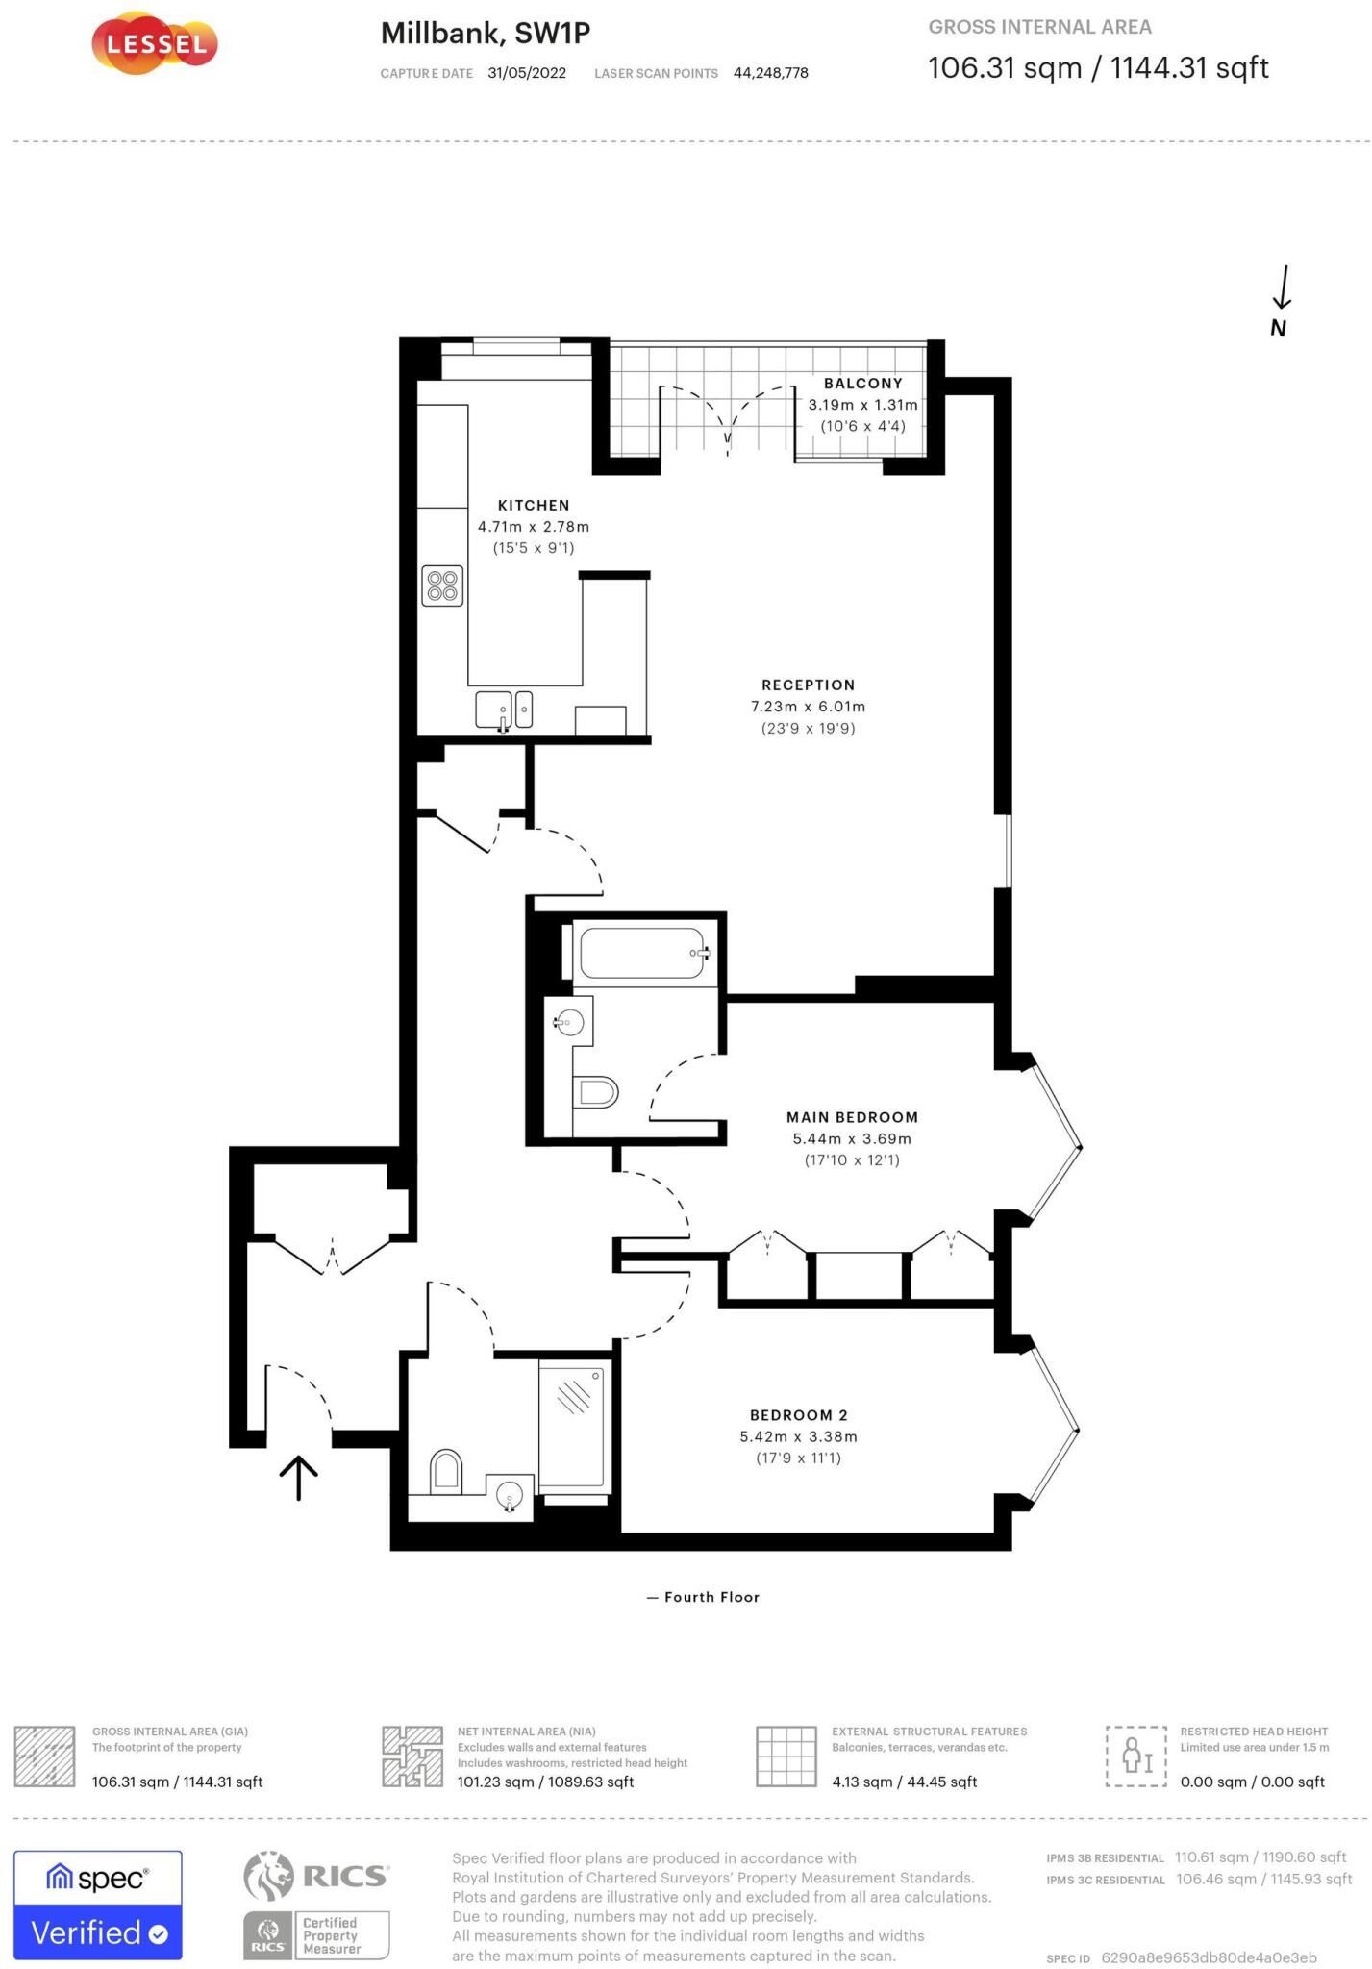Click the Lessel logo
coord(155,44)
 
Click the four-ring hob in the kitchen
coord(442,586)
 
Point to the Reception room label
coord(808,685)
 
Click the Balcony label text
coord(862,384)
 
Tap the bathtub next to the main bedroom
coord(642,953)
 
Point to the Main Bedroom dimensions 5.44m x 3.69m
coord(852,1139)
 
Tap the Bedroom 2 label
coord(798,1415)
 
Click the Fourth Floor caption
coord(711,1597)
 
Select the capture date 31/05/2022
coord(527,73)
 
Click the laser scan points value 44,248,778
coord(770,73)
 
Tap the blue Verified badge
coord(98,1932)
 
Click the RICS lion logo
coord(268,1875)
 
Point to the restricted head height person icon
coord(1136,1756)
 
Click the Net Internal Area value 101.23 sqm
coord(545,1782)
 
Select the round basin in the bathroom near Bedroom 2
coord(510,1495)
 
